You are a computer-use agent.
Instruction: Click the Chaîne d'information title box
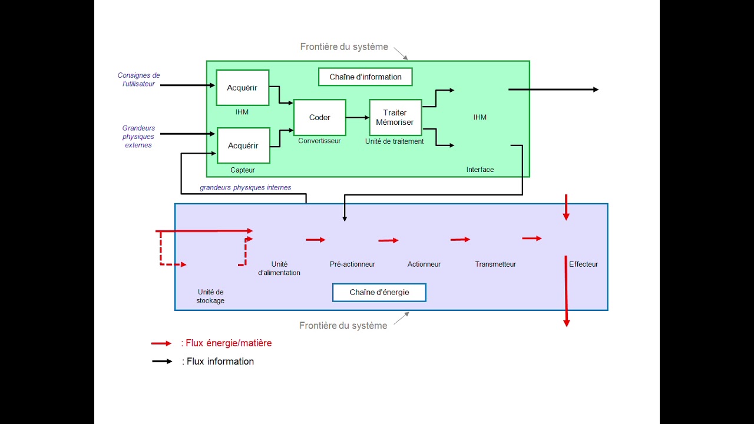point(365,77)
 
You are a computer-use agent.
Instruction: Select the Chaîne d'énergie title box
point(379,293)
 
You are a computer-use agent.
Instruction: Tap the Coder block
point(320,117)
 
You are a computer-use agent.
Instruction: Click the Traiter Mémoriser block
point(395,117)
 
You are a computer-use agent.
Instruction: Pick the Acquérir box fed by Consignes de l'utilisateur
point(242,88)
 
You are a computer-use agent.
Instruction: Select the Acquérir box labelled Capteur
point(243,145)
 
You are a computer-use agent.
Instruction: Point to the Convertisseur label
point(319,141)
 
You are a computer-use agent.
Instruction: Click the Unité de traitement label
point(394,141)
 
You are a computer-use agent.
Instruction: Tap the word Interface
point(480,170)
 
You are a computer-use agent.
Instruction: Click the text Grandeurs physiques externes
point(138,137)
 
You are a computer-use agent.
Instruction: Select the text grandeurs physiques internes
point(246,187)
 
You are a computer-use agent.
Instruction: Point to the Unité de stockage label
point(210,296)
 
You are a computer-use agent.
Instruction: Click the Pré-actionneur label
point(352,264)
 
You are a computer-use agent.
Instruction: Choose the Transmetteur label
point(495,264)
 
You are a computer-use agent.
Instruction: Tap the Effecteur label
point(583,264)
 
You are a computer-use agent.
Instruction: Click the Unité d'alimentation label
point(279,269)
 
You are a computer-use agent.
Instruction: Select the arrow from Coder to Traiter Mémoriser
point(358,117)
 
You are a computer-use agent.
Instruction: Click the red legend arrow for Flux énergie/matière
point(161,343)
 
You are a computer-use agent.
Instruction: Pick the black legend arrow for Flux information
point(162,362)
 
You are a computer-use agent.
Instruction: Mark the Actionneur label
point(424,264)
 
